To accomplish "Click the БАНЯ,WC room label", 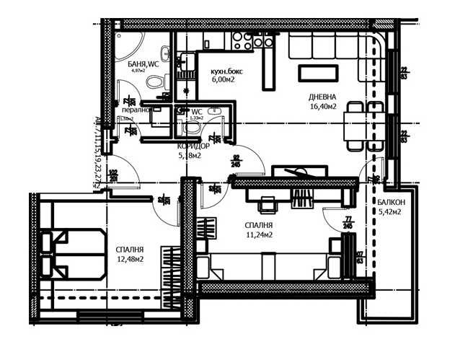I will click(143, 64).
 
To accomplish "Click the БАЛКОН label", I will click(390, 203).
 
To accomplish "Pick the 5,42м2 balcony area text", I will click(389, 212).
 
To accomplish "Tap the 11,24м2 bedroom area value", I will click(257, 234).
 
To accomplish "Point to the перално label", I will click(134, 110).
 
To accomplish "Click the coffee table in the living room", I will click(317, 73).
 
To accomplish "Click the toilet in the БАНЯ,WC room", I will click(154, 82).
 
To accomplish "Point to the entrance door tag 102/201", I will click(113, 175).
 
